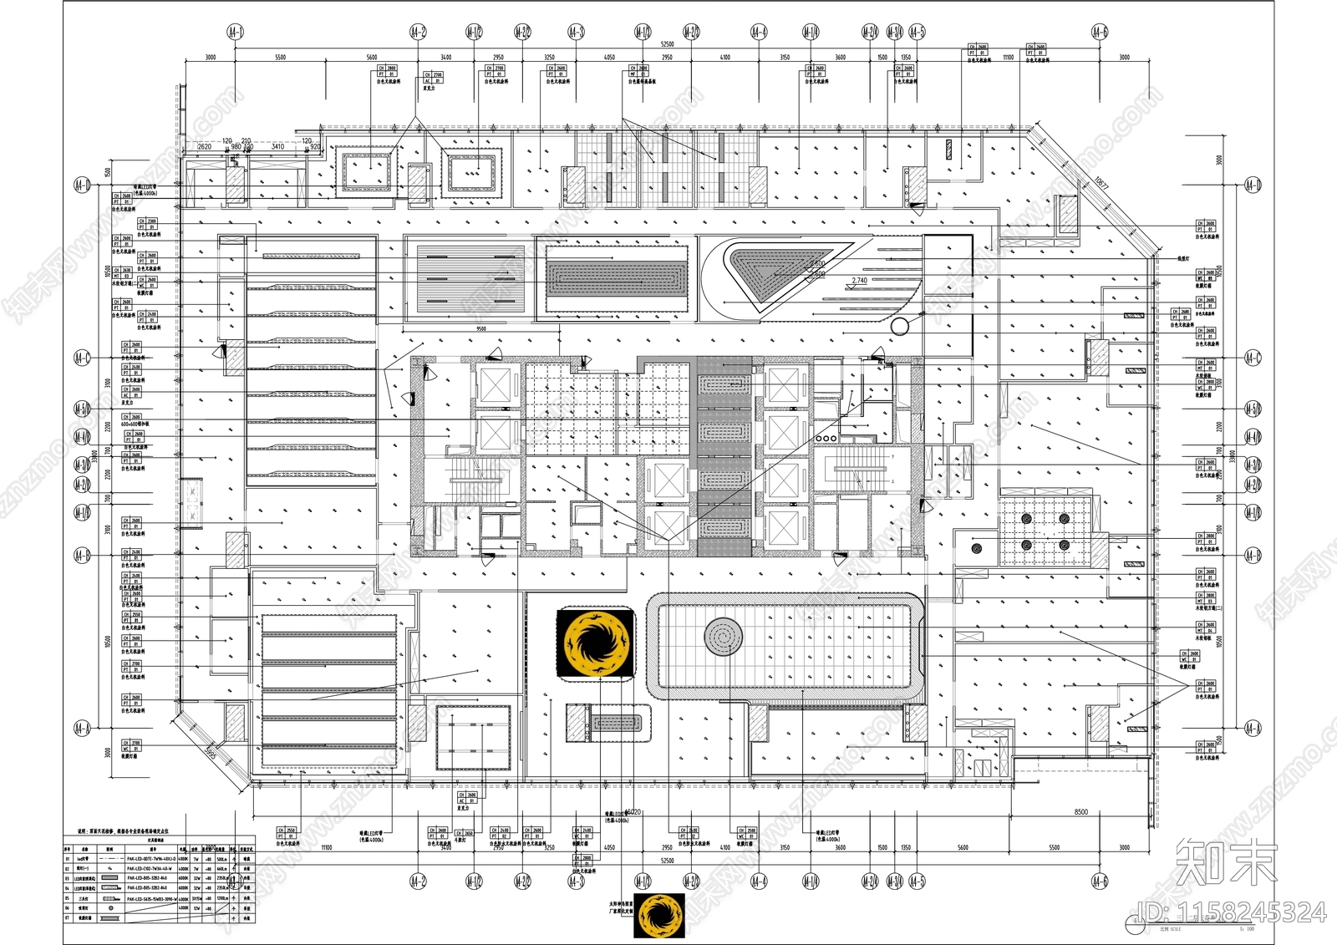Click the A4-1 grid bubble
tap(236, 32)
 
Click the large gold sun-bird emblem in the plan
tap(596, 643)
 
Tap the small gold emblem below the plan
tap(660, 916)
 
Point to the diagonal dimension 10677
tap(1102, 183)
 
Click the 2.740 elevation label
tap(859, 281)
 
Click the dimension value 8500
tap(1080, 811)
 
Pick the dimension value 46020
tap(633, 811)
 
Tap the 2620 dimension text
tap(204, 147)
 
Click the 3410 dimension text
tap(277, 147)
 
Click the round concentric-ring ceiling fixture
tap(723, 638)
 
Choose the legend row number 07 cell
tap(69, 917)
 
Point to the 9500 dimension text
tap(480, 329)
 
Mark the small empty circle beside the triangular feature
tap(899, 326)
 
